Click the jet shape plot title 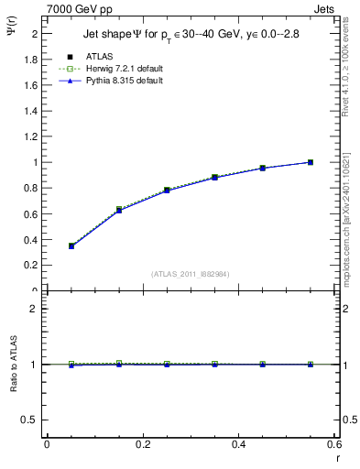tap(191, 34)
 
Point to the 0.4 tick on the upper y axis tap(32, 239)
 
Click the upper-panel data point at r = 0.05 tap(71, 245)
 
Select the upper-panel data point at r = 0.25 tap(167, 191)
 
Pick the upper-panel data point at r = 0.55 tap(311, 162)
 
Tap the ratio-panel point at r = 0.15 tap(119, 364)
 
